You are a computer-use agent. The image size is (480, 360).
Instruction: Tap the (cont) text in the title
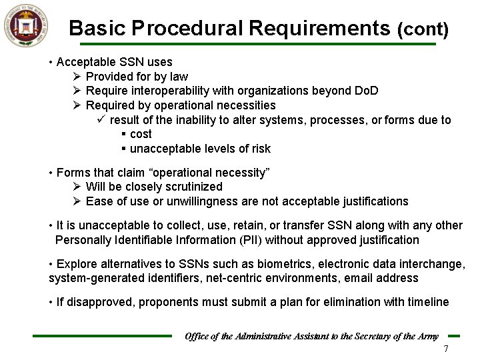(423, 30)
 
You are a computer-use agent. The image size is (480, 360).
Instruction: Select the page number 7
(446, 350)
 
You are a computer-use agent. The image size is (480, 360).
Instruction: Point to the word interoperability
(168, 91)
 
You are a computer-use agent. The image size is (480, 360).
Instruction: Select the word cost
(141, 134)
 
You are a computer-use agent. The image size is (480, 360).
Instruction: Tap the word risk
(260, 149)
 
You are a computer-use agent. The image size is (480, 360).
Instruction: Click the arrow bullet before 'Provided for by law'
(77, 77)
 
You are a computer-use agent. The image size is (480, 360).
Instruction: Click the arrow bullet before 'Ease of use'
(77, 201)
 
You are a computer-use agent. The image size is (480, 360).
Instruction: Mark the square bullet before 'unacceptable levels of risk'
(124, 149)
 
